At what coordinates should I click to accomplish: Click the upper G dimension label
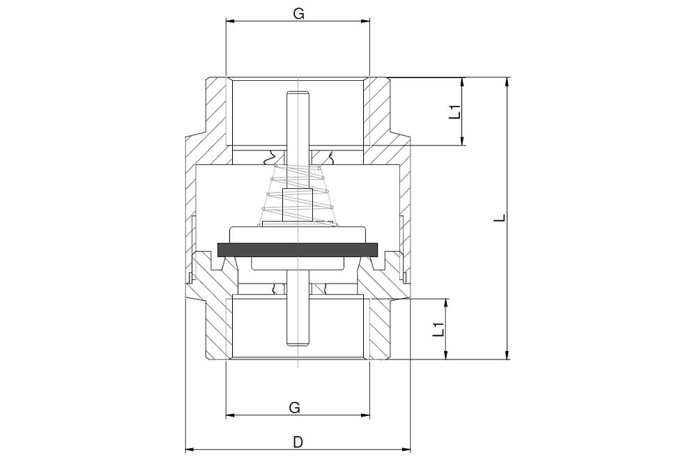[x=299, y=14]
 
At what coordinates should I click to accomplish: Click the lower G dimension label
[x=294, y=407]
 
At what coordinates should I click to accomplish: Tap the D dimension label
[x=298, y=442]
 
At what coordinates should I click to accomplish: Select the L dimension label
[x=501, y=218]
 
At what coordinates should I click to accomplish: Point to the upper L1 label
[x=454, y=111]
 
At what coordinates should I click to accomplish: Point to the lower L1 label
[x=438, y=330]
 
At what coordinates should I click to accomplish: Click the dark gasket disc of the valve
[x=298, y=250]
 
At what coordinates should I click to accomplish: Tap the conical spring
[x=297, y=196]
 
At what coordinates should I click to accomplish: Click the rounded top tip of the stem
[x=298, y=93]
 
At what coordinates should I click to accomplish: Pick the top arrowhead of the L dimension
[x=507, y=82]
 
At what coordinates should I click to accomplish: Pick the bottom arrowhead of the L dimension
[x=507, y=355]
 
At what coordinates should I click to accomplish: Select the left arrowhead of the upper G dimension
[x=230, y=20]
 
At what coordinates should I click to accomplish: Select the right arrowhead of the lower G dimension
[x=365, y=415]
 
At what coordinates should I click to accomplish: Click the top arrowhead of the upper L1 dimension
[x=463, y=82]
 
